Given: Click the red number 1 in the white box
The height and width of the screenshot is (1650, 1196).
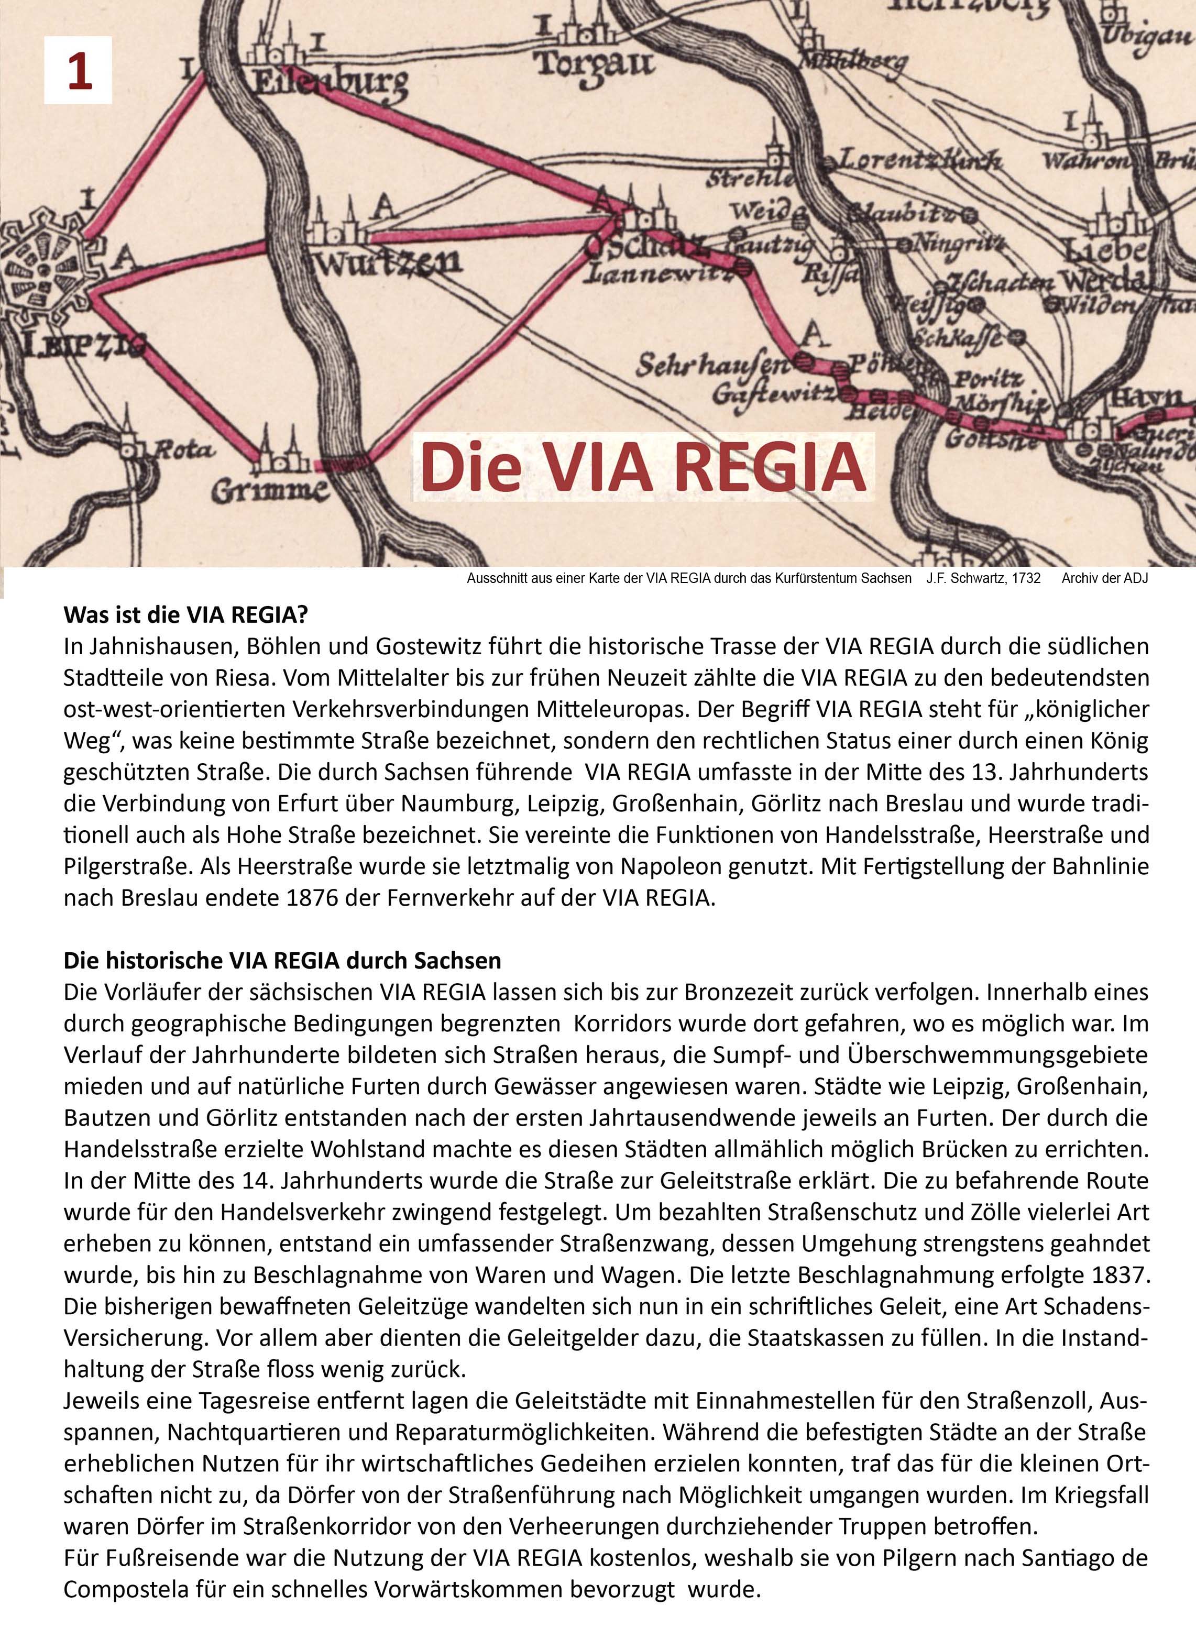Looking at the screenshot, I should [79, 71].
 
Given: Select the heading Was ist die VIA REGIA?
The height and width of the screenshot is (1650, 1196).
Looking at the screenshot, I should [186, 615].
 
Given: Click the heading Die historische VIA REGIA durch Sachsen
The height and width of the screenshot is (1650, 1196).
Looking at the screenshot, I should [282, 960].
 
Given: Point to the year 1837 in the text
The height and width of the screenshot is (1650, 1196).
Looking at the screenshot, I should [1120, 1274].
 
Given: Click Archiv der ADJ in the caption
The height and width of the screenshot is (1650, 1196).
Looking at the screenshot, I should [1104, 578].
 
